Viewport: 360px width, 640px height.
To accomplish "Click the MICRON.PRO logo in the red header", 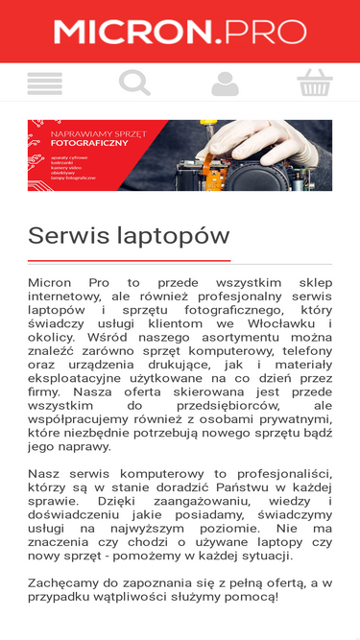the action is [180, 32].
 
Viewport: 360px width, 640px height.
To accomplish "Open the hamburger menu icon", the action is [44, 83].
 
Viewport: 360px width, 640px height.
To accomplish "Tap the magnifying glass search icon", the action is [134, 83].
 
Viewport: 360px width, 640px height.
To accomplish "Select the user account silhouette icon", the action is [225, 84].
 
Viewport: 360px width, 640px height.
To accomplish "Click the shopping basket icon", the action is [315, 83].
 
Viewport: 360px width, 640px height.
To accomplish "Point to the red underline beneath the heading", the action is [129, 260].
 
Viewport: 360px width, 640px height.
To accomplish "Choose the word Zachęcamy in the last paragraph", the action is [66, 583].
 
